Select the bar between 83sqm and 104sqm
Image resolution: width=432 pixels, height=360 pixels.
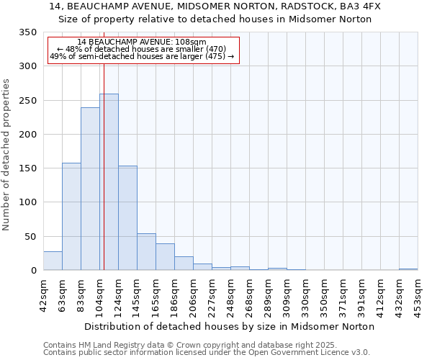tap(90, 189)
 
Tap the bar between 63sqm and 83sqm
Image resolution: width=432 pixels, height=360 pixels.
tap(71, 216)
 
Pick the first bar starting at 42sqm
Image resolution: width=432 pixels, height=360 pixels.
tap(53, 261)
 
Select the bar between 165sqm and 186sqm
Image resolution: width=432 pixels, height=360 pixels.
tap(165, 257)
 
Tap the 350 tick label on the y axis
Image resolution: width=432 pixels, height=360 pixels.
tap(27, 32)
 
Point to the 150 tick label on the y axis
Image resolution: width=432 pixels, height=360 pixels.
tap(27, 168)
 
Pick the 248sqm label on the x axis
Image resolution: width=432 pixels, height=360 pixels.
tap(230, 292)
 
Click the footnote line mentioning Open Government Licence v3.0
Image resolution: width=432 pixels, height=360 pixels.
tap(207, 352)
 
